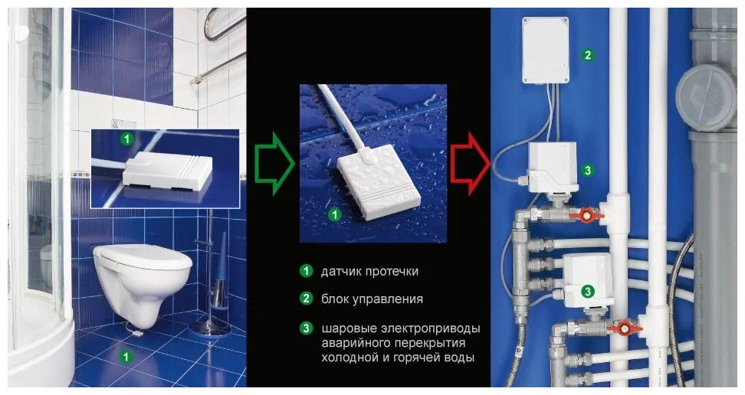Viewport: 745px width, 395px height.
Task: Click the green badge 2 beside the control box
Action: pyautogui.click(x=587, y=55)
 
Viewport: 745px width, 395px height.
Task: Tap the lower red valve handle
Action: pyautogui.click(x=625, y=329)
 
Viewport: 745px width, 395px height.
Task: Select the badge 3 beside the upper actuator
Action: pyautogui.click(x=587, y=170)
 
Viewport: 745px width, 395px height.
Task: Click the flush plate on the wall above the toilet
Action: pyautogui.click(x=124, y=122)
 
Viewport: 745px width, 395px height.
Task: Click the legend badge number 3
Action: pyautogui.click(x=306, y=328)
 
